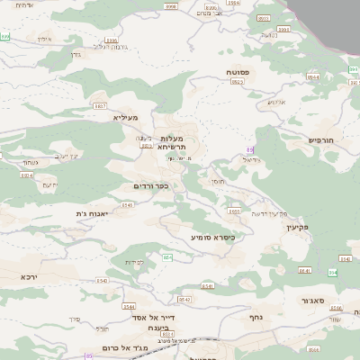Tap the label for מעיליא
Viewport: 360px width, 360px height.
coord(124,117)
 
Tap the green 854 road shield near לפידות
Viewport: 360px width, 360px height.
coord(167,257)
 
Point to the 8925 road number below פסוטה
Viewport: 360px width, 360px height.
coord(238,81)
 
